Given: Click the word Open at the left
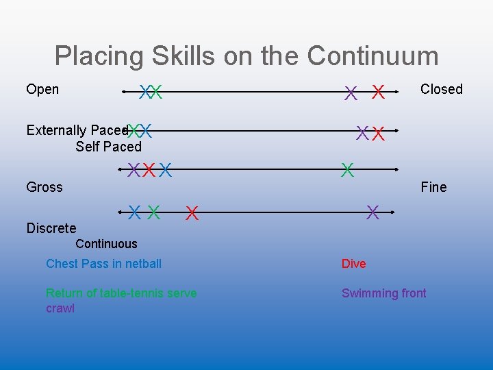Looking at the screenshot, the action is point(42,89).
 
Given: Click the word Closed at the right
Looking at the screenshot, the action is point(441,89).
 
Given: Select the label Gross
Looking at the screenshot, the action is point(45,187).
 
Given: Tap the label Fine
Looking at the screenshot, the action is point(433,187).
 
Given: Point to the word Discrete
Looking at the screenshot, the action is point(51,228).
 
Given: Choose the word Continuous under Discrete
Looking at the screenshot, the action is point(106,244).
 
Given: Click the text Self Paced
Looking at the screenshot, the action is point(108,147).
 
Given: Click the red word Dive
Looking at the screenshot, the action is point(354,264).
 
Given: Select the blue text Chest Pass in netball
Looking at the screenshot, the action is point(104,264).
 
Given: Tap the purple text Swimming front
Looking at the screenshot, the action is point(383,293).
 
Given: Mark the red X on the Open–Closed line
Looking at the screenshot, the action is point(377,92).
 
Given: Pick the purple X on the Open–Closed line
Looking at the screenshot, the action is point(351,92).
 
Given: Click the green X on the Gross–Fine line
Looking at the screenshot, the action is point(348,169).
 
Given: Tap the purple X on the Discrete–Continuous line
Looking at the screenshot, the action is point(372,212).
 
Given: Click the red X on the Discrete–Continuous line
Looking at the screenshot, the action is point(192,214).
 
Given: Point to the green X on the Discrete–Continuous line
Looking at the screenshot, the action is point(154,212).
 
